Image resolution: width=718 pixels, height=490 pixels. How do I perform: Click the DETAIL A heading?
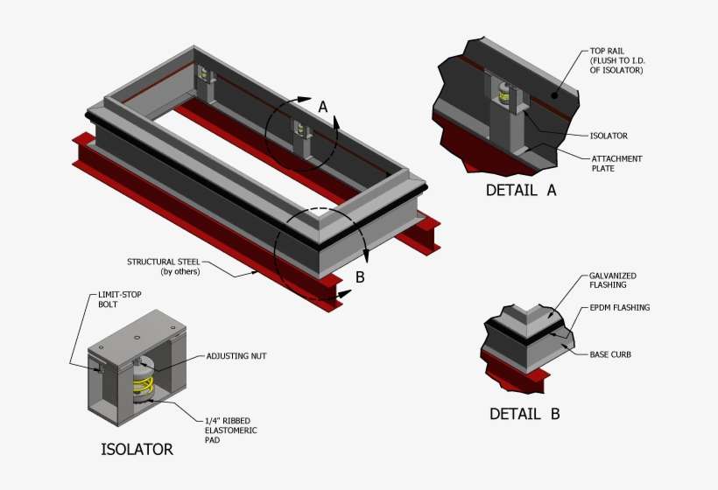pyautogui.click(x=521, y=190)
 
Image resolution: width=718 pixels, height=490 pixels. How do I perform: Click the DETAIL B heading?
pyautogui.click(x=524, y=414)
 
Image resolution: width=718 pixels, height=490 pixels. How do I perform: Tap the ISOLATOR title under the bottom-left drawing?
pyautogui.click(x=137, y=449)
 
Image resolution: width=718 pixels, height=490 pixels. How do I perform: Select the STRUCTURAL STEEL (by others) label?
pyautogui.click(x=164, y=267)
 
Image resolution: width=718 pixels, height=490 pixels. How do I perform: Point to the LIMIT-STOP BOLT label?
pyautogui.click(x=119, y=299)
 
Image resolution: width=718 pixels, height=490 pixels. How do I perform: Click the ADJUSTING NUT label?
pyautogui.click(x=236, y=356)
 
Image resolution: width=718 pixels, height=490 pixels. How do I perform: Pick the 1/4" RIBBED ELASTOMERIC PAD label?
pyautogui.click(x=231, y=430)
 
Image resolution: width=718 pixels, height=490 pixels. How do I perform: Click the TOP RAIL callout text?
pyautogui.click(x=617, y=60)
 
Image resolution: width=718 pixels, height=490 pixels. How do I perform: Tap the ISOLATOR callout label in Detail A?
pyautogui.click(x=609, y=136)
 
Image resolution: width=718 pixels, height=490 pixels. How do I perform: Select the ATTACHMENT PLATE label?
pyautogui.click(x=616, y=164)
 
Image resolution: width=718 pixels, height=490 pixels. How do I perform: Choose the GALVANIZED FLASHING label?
pyautogui.click(x=613, y=280)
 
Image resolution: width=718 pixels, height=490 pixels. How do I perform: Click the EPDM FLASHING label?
pyautogui.click(x=620, y=308)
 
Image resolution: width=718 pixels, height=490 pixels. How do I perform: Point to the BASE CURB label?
pyautogui.click(x=610, y=354)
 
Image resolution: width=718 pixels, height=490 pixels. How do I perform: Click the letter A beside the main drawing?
pyautogui.click(x=323, y=107)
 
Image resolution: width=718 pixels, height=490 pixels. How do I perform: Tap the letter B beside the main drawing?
pyautogui.click(x=361, y=277)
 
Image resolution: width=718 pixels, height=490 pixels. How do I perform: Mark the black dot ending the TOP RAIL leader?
pyautogui.click(x=554, y=95)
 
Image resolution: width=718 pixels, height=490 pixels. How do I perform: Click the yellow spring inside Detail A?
pyautogui.click(x=504, y=94)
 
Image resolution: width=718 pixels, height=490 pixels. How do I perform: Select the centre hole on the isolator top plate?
pyautogui.click(x=137, y=338)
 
